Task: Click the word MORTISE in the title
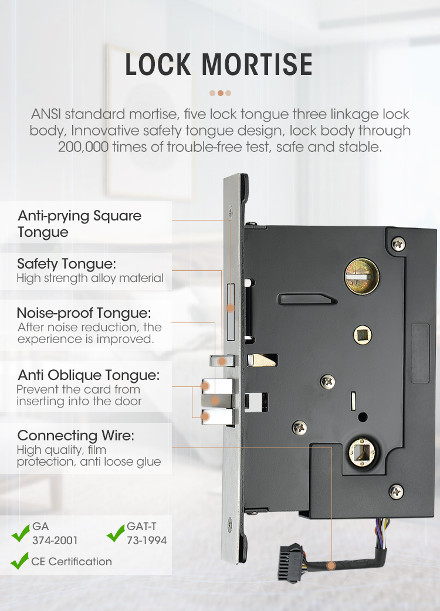pyautogui.click(x=257, y=65)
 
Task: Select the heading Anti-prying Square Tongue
pyautogui.click(x=80, y=223)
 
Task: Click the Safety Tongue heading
pyautogui.click(x=66, y=264)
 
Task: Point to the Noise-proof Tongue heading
pyautogui.click(x=84, y=313)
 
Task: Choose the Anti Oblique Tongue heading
pyautogui.click(x=89, y=375)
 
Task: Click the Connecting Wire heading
pyautogui.click(x=76, y=435)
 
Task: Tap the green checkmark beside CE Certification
pyautogui.click(x=19, y=561)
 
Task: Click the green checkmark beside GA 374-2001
pyautogui.click(x=21, y=533)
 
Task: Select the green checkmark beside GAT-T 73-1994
pyautogui.click(x=116, y=533)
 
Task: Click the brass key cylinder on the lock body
pyautogui.click(x=362, y=276)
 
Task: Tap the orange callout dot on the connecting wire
pyautogui.click(x=331, y=565)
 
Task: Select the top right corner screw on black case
pyautogui.click(x=398, y=244)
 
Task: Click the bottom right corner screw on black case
pyautogui.click(x=397, y=491)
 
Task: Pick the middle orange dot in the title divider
pyautogui.click(x=220, y=93)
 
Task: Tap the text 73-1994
pyautogui.click(x=147, y=541)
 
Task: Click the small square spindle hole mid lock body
pyautogui.click(x=363, y=335)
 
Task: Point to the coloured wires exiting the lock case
pyautogui.click(x=382, y=534)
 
